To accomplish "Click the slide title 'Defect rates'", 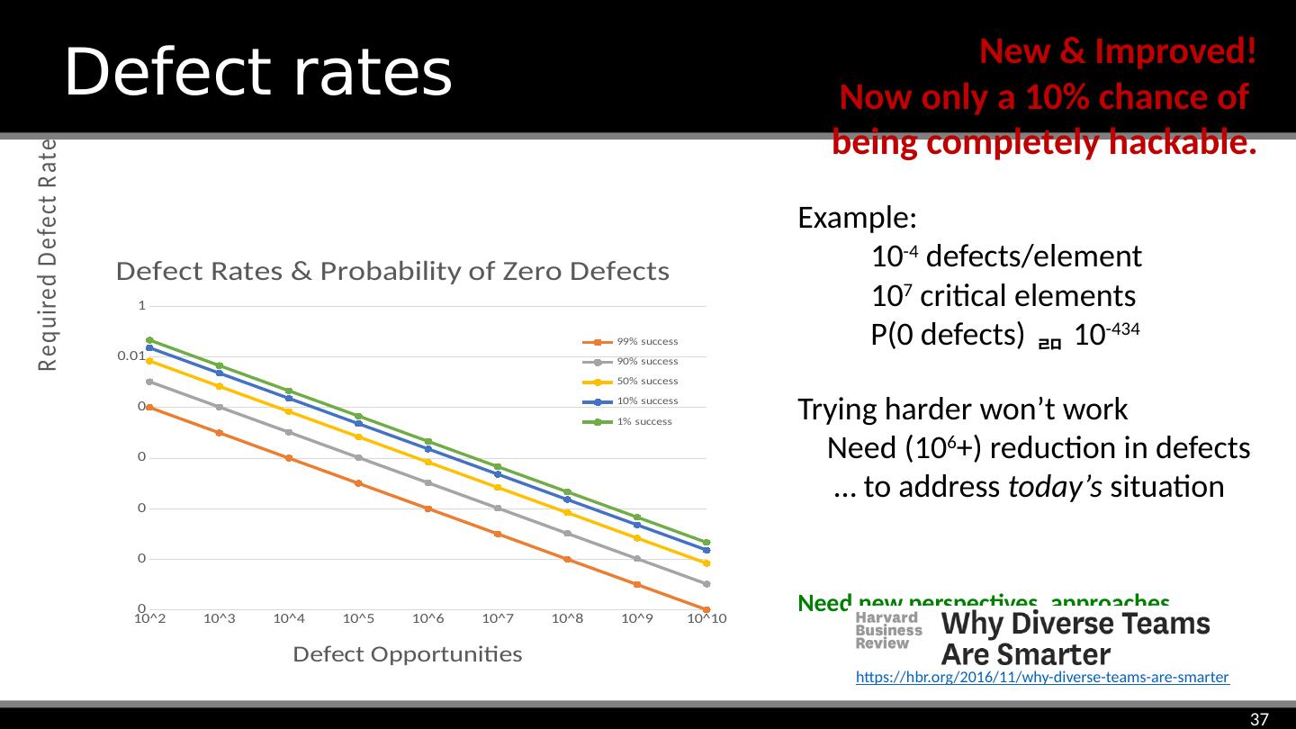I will (x=257, y=72).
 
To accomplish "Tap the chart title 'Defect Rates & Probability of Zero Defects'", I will (x=394, y=272).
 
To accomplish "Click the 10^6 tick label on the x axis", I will (x=428, y=618).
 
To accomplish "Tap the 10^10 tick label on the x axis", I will (x=706, y=618).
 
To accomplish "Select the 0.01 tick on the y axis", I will (x=131, y=356).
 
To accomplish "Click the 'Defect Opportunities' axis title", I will (x=408, y=654).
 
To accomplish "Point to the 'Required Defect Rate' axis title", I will (x=47, y=254).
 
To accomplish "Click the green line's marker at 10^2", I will (x=149, y=340).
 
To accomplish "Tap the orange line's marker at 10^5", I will (x=358, y=483).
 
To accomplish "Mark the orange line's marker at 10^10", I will (x=706, y=609).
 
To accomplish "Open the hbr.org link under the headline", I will (x=1042, y=678).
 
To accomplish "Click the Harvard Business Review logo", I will (x=887, y=630).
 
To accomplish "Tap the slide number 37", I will (x=1259, y=718).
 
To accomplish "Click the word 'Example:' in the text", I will (x=857, y=219).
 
